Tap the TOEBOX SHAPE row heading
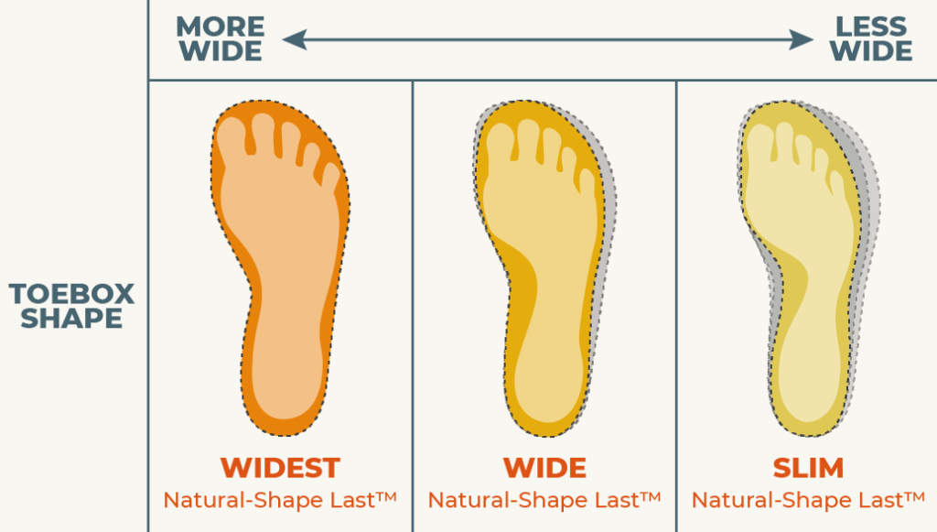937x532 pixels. [71, 306]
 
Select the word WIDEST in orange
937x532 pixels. [280, 468]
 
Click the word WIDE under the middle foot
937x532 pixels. [544, 468]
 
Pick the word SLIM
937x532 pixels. [808, 468]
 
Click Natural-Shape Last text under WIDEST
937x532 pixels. [280, 500]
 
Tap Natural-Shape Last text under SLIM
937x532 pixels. [808, 500]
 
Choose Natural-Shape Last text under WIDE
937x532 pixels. [544, 500]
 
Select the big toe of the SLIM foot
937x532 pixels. [761, 139]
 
